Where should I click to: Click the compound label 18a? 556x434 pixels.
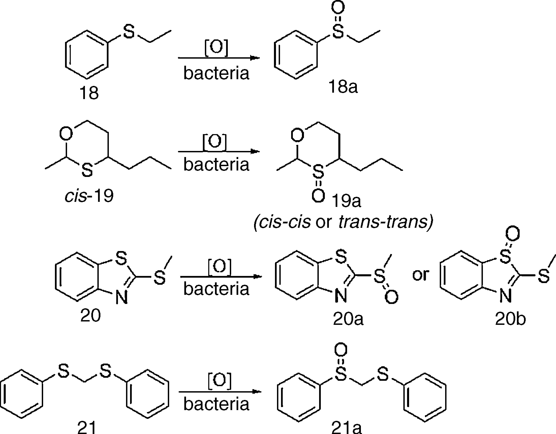pos(343,87)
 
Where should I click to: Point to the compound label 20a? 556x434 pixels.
pos(348,319)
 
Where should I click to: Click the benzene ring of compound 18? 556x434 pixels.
pos(87,55)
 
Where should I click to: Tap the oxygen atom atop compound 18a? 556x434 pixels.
pos(338,7)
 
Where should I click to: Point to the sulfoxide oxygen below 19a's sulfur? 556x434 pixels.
pos(318,196)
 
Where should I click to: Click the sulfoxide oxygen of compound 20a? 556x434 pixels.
pos(391,297)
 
